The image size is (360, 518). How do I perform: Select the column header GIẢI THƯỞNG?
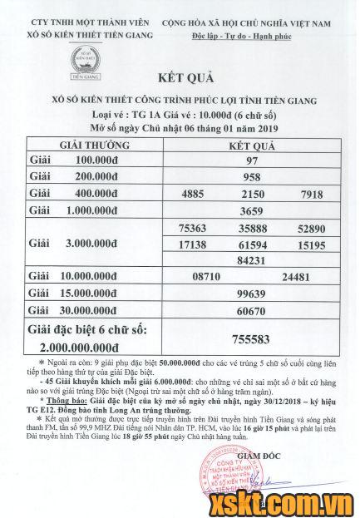[x=86, y=144]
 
